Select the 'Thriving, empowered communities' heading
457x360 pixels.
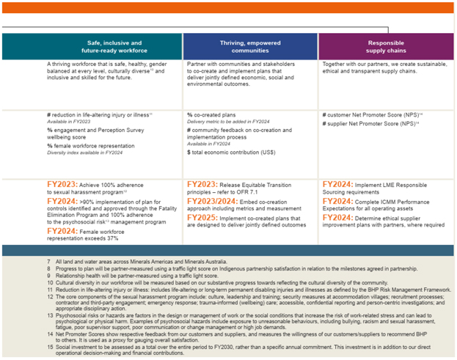pyautogui.click(x=251, y=47)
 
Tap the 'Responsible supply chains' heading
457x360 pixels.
pyautogui.click(x=385, y=47)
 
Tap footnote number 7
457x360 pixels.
pyautogui.click(x=48, y=262)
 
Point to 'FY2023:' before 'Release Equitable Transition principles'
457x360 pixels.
pyautogui.click(x=206, y=185)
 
